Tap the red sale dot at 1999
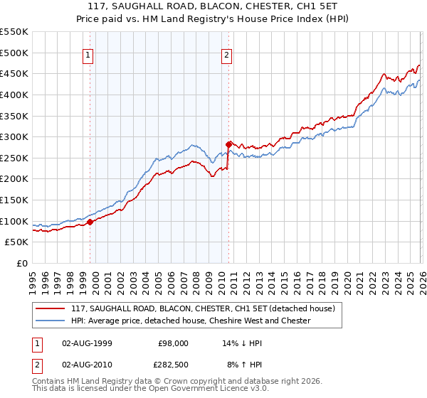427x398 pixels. [x=90, y=222]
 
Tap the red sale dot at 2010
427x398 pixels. [x=228, y=144]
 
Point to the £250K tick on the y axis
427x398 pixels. [x=16, y=158]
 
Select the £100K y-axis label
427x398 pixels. [x=16, y=221]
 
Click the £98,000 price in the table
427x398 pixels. [x=174, y=343]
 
